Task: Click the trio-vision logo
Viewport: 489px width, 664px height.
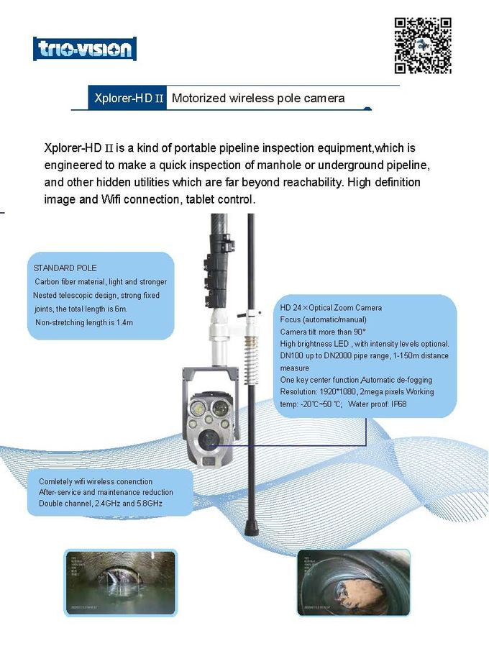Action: coord(85,49)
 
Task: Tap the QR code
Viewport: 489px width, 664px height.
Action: coord(423,45)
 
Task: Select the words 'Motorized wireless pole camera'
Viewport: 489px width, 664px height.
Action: coord(258,98)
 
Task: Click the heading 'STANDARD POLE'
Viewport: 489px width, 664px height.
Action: coord(65,268)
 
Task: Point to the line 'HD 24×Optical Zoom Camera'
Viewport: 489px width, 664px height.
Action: coord(331,308)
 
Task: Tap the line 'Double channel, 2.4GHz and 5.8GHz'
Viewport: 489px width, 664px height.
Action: coord(100,504)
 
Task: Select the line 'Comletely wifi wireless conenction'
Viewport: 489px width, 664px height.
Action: coord(95,481)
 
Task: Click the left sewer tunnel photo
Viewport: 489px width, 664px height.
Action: coord(119,583)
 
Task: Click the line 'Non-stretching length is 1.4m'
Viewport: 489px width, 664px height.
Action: coord(84,322)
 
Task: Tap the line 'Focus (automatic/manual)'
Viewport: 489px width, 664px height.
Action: coord(323,319)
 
